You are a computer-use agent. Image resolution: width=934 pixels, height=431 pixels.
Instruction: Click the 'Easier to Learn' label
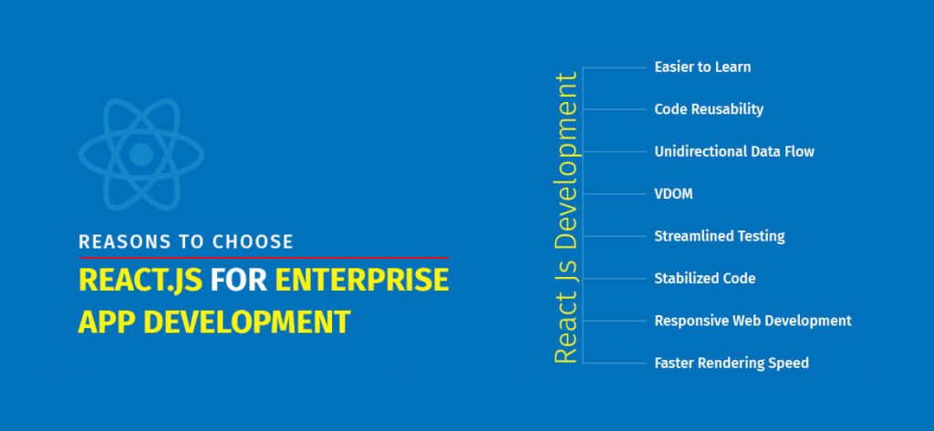point(702,67)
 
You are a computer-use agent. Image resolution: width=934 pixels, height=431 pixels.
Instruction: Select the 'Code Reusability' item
point(709,109)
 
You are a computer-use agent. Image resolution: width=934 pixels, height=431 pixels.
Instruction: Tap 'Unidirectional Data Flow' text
point(734,151)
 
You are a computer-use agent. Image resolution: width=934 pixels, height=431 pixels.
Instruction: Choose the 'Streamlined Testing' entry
point(719,236)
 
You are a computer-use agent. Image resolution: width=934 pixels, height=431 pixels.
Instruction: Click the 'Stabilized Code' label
point(704,278)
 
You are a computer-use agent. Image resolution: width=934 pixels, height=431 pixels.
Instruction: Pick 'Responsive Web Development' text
point(752,321)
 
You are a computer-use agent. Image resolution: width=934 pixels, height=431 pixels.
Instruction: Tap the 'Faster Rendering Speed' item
point(731,363)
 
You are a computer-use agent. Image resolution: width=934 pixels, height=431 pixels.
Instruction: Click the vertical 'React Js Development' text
point(566,218)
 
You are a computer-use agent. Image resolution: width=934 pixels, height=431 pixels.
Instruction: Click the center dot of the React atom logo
point(140,154)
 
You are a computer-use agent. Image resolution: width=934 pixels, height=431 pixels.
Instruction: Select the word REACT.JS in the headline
point(140,280)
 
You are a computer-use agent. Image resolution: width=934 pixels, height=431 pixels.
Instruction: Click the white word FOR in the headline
point(238,280)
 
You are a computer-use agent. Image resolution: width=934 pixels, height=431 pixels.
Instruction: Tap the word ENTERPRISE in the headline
point(362,280)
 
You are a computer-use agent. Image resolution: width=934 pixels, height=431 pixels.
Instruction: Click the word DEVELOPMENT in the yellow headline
point(251,322)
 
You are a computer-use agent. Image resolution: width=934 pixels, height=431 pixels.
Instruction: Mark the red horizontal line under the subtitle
point(264,258)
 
